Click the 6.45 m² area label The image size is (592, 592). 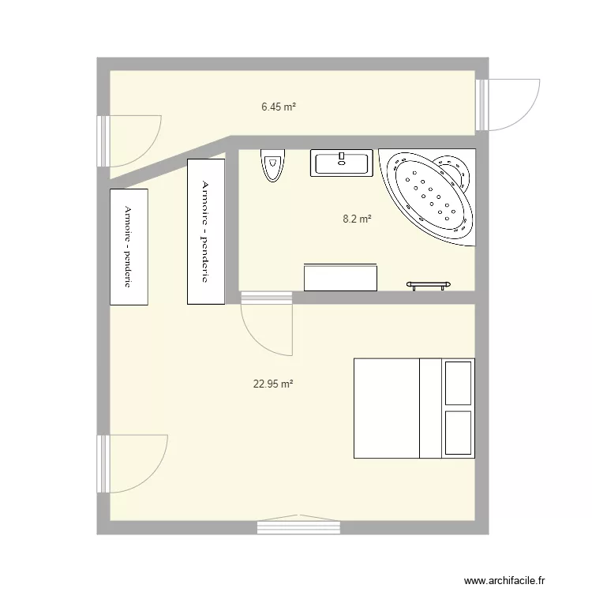coord(279,105)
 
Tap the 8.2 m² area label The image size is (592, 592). coord(357,219)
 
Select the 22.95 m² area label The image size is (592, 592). coord(273,384)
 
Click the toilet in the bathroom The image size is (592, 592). coord(272,165)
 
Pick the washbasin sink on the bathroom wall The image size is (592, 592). coord(342,163)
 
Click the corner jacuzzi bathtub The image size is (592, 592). coord(429,193)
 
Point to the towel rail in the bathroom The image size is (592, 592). coord(429,284)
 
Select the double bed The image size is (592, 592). coord(414,408)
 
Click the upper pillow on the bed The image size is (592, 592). coord(458,383)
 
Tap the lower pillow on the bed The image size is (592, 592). coord(458,433)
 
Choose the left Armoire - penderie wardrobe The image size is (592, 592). coord(129,246)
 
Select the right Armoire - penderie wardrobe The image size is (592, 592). coord(205,230)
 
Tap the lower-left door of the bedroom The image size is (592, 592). coord(136,463)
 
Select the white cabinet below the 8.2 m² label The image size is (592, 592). coord(341,278)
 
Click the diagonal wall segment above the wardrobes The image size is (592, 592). coord(168,161)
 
